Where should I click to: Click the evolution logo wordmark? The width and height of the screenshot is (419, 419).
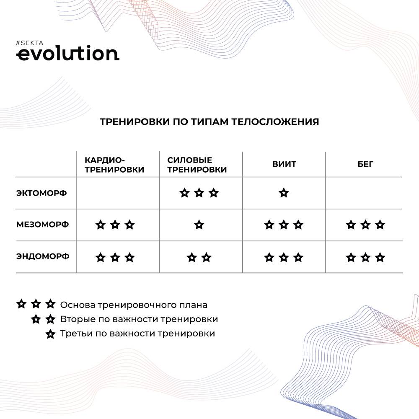(67, 54)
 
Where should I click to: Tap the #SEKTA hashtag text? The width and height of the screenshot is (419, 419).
(30, 43)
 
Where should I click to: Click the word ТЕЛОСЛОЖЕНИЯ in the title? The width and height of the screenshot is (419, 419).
(275, 122)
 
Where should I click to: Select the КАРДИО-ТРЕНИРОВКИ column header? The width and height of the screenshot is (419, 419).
(114, 165)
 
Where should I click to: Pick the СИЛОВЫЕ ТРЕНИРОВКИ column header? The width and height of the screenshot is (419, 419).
(197, 165)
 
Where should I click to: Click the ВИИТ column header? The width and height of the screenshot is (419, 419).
(284, 164)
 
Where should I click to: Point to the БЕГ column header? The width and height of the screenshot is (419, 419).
(365, 164)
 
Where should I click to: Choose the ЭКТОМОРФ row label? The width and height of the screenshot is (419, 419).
(41, 193)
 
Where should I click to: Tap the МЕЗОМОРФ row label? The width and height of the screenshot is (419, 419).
(42, 225)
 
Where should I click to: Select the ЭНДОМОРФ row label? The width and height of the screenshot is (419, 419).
(43, 256)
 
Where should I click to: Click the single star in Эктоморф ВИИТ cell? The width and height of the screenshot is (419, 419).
(284, 193)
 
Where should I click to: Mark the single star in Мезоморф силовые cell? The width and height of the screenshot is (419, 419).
(199, 225)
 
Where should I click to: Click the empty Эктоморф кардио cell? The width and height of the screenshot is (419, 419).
(118, 193)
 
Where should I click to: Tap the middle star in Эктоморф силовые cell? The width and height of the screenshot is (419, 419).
(199, 193)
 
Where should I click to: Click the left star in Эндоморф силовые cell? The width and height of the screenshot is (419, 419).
(192, 258)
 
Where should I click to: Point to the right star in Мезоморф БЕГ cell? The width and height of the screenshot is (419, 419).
(380, 225)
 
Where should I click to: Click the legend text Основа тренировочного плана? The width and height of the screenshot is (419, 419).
(134, 305)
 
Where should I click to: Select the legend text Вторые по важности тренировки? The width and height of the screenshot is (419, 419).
(139, 319)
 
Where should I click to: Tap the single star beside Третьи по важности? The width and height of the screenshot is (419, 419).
(50, 334)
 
